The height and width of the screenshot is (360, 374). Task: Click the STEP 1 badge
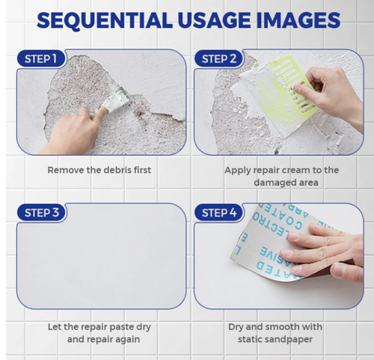tap(40, 58)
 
